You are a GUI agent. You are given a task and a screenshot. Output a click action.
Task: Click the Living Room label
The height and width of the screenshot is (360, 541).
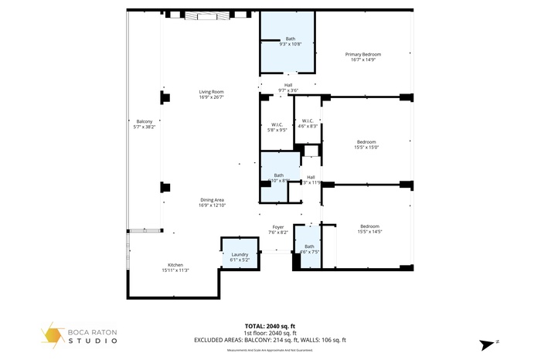pyautogui.click(x=211, y=92)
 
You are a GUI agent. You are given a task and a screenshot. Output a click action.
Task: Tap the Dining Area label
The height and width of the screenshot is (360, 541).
pyautogui.click(x=211, y=200)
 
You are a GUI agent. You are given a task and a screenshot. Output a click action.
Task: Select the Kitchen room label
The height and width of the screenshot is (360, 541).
pyautogui.click(x=175, y=265)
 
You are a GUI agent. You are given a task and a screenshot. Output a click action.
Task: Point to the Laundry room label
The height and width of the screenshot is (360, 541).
pyautogui.click(x=240, y=254)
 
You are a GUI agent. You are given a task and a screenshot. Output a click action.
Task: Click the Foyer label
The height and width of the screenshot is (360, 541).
pyautogui.click(x=277, y=226)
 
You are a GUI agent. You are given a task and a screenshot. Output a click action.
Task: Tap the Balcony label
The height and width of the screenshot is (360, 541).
pyautogui.click(x=145, y=121)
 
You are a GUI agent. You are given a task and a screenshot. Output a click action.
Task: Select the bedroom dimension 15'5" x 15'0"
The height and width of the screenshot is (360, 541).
pyautogui.click(x=366, y=147)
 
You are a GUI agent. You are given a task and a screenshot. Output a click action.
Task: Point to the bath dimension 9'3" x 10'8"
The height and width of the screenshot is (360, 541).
pyautogui.click(x=291, y=44)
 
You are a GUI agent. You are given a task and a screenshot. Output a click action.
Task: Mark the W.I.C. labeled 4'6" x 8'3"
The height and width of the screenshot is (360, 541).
pyautogui.click(x=307, y=126)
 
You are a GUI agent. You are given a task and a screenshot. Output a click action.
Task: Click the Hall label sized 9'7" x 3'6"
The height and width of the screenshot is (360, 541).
pyautogui.click(x=288, y=90)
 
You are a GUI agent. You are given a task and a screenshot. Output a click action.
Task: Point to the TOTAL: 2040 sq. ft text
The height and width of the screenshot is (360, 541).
pyautogui.click(x=270, y=326)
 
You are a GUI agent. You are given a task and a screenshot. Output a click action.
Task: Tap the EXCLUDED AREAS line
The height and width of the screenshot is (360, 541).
pyautogui.click(x=270, y=340)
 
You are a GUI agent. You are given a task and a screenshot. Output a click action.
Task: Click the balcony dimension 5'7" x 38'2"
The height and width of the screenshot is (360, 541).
pyautogui.click(x=145, y=127)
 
